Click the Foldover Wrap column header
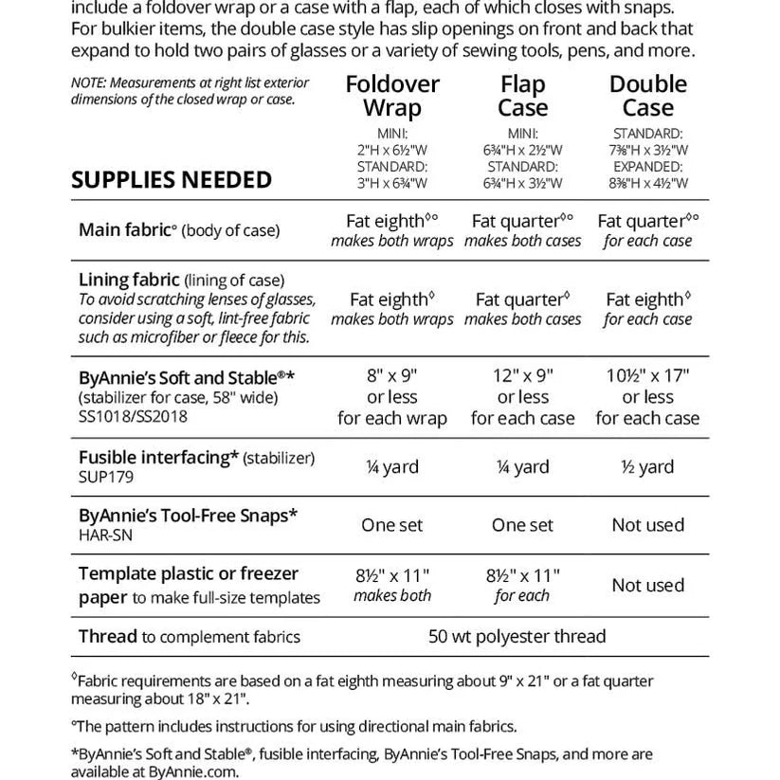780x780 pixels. click(392, 96)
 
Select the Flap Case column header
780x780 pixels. click(522, 96)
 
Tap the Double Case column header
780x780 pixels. click(647, 96)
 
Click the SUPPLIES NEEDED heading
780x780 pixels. click(172, 179)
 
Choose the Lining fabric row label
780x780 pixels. click(129, 280)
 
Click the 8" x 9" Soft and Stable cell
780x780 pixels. click(391, 375)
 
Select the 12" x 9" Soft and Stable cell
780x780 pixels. click(522, 375)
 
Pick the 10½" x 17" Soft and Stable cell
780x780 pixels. click(647, 375)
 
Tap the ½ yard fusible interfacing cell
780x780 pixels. click(647, 466)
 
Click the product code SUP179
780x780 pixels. click(106, 477)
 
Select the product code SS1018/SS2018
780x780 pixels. click(135, 415)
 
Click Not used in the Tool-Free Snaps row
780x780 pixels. click(647, 525)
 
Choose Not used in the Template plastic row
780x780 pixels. click(647, 585)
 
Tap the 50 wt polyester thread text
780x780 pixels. click(517, 637)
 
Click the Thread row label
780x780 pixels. click(108, 637)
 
